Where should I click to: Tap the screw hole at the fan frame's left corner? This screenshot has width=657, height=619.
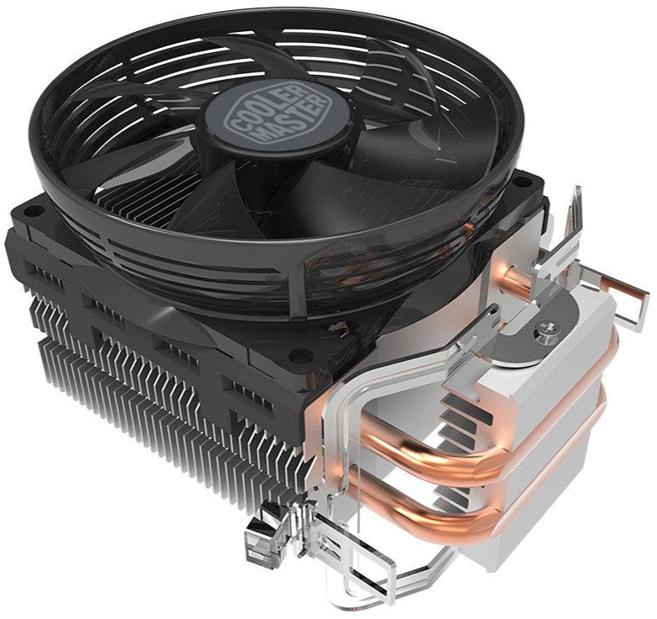31,211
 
